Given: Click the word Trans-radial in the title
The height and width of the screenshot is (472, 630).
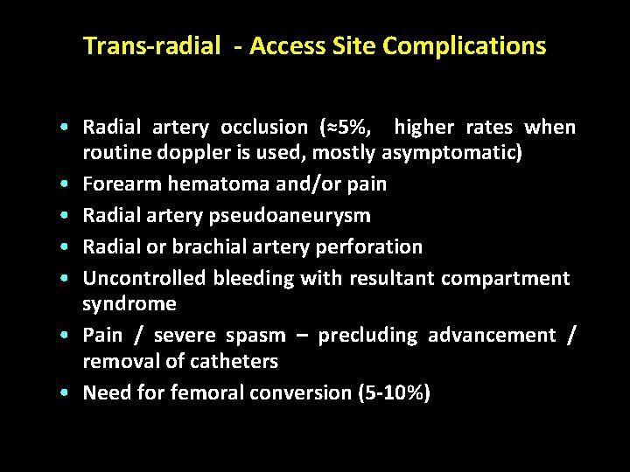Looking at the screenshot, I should click(x=150, y=46).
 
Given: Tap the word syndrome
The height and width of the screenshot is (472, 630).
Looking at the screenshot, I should click(x=129, y=304).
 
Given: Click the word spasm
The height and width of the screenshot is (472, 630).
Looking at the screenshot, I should click(x=255, y=336).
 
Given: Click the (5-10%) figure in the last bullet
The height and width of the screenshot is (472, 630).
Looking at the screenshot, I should click(x=394, y=393).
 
